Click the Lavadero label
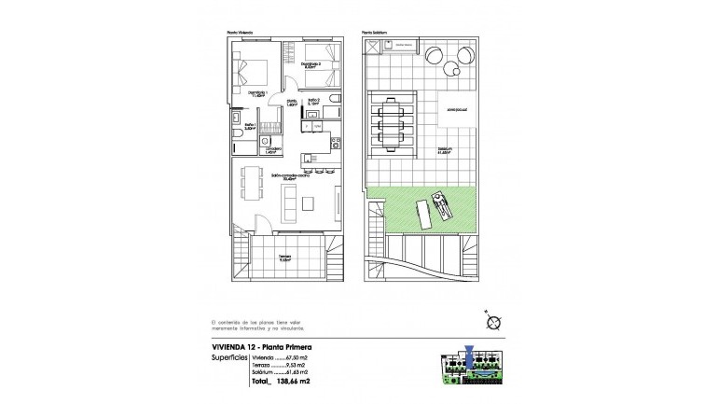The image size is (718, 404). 273,150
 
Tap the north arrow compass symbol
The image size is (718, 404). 494,322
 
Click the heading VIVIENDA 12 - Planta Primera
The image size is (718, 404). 265,346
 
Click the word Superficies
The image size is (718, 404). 229,356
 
